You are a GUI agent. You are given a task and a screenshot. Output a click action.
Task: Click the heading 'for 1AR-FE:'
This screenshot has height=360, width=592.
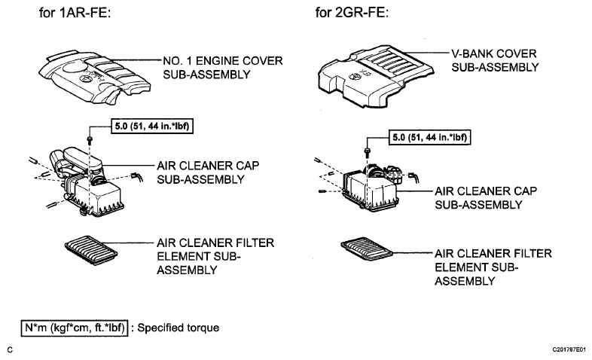coord(75,13)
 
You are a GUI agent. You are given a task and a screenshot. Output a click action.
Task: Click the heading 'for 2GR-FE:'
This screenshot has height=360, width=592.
coord(352,13)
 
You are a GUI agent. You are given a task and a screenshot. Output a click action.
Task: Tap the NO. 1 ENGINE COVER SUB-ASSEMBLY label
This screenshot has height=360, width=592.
coord(223,68)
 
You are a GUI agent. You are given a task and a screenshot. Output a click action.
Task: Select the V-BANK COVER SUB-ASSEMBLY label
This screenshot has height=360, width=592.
coord(495,60)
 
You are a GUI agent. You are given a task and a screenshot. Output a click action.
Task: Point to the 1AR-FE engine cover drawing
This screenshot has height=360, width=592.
coord(94,77)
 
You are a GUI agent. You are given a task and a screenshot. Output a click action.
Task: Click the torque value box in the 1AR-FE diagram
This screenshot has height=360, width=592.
coord(152,126)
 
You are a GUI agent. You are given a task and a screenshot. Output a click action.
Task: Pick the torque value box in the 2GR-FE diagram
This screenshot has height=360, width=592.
coord(429,137)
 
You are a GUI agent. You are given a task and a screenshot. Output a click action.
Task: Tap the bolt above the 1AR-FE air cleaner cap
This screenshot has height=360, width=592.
coord(90,140)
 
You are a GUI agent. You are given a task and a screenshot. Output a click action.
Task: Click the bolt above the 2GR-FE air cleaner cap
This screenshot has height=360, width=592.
coord(368,151)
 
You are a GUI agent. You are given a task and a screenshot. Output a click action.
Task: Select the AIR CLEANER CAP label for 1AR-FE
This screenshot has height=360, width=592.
coord(208,172)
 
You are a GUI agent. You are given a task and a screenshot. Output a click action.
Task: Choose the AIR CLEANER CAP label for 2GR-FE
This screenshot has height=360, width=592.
coord(486,198)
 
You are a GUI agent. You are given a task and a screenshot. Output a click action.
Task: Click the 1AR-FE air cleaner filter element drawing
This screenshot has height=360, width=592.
coord(91,250)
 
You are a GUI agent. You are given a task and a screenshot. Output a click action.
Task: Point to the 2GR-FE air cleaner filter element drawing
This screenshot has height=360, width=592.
coord(367,249)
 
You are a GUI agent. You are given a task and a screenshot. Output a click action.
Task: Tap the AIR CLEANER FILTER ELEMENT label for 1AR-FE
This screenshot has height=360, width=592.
coord(215,256)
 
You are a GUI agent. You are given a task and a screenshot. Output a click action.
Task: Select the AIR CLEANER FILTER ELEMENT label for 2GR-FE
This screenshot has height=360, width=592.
coord(493,267)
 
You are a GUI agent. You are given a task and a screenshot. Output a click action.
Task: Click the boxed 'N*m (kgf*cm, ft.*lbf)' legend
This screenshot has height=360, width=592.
coord(75,328)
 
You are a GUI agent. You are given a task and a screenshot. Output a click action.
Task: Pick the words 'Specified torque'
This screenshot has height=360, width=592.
coord(179,328)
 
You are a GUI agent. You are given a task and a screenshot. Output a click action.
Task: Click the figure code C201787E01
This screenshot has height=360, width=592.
coord(569,349)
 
